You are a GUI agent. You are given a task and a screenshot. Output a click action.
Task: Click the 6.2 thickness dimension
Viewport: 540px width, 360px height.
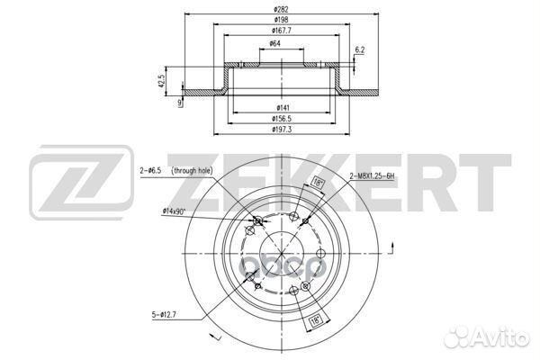[x=359, y=49]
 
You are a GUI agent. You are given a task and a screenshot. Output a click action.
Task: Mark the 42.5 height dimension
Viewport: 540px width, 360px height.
[x=162, y=82]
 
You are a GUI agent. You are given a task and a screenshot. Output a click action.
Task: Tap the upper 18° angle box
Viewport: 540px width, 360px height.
[x=316, y=183]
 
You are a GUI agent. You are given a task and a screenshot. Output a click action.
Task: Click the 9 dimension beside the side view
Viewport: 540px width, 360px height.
[x=180, y=102]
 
